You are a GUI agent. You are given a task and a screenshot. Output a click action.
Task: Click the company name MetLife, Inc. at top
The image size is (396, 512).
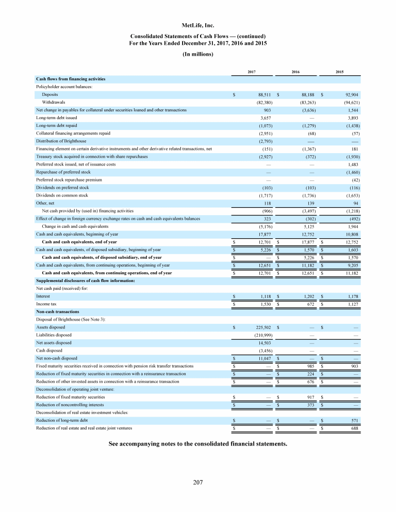(198, 24)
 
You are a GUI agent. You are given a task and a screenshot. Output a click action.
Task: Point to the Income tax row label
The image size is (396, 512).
(46, 304)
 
